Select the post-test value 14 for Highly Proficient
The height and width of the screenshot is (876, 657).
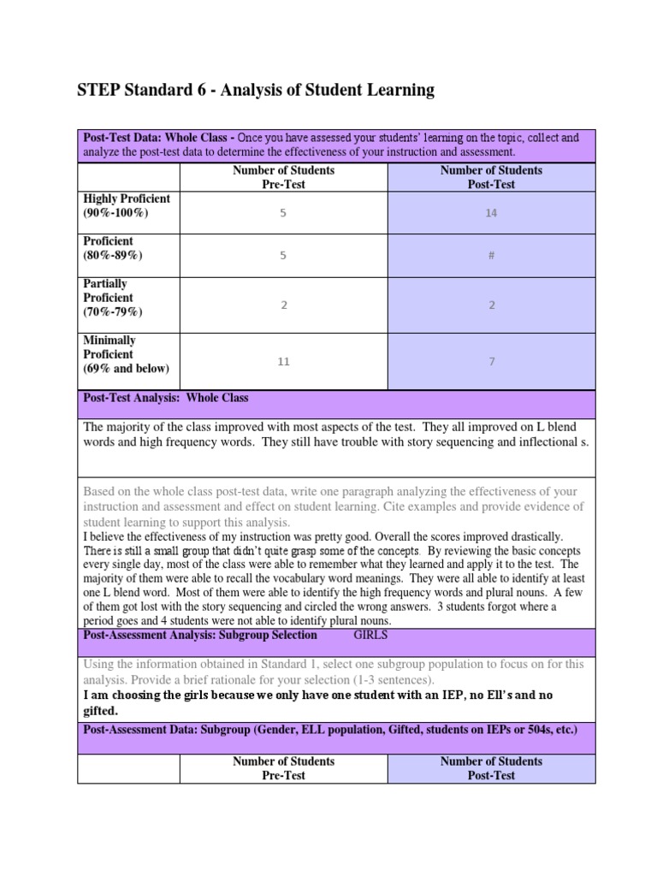491,213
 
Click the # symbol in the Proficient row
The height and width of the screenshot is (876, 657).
491,256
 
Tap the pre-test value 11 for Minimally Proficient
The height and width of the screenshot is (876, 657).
283,362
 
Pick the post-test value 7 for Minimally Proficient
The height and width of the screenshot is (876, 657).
491,362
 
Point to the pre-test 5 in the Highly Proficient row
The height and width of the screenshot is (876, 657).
283,213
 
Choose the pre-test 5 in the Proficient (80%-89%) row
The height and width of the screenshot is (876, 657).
283,256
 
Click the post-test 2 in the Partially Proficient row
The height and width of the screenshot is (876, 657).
491,305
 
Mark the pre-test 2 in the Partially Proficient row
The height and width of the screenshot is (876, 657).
283,305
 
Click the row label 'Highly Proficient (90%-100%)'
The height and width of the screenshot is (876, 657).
127,205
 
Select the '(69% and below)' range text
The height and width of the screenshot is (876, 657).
126,369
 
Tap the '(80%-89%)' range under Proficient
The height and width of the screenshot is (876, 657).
113,255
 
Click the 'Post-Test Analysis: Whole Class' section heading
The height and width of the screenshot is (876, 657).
165,398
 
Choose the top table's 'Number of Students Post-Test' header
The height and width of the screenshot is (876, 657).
491,177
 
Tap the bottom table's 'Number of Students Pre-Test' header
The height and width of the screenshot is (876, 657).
283,768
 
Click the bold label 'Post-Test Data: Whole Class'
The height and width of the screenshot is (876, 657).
157,138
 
